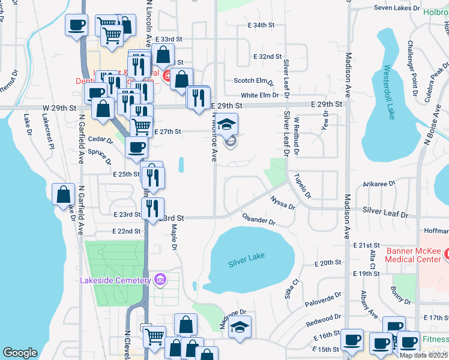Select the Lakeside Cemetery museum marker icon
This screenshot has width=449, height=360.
pos(159,280)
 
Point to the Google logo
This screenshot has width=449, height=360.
pos(20,352)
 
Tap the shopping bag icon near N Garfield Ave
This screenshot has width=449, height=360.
pos(64,194)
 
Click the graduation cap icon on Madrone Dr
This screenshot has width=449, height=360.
pos(240,327)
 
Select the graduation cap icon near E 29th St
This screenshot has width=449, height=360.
pos(226,125)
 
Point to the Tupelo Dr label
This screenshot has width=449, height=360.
pos(303,186)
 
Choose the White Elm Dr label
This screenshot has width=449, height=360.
pos(260,95)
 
